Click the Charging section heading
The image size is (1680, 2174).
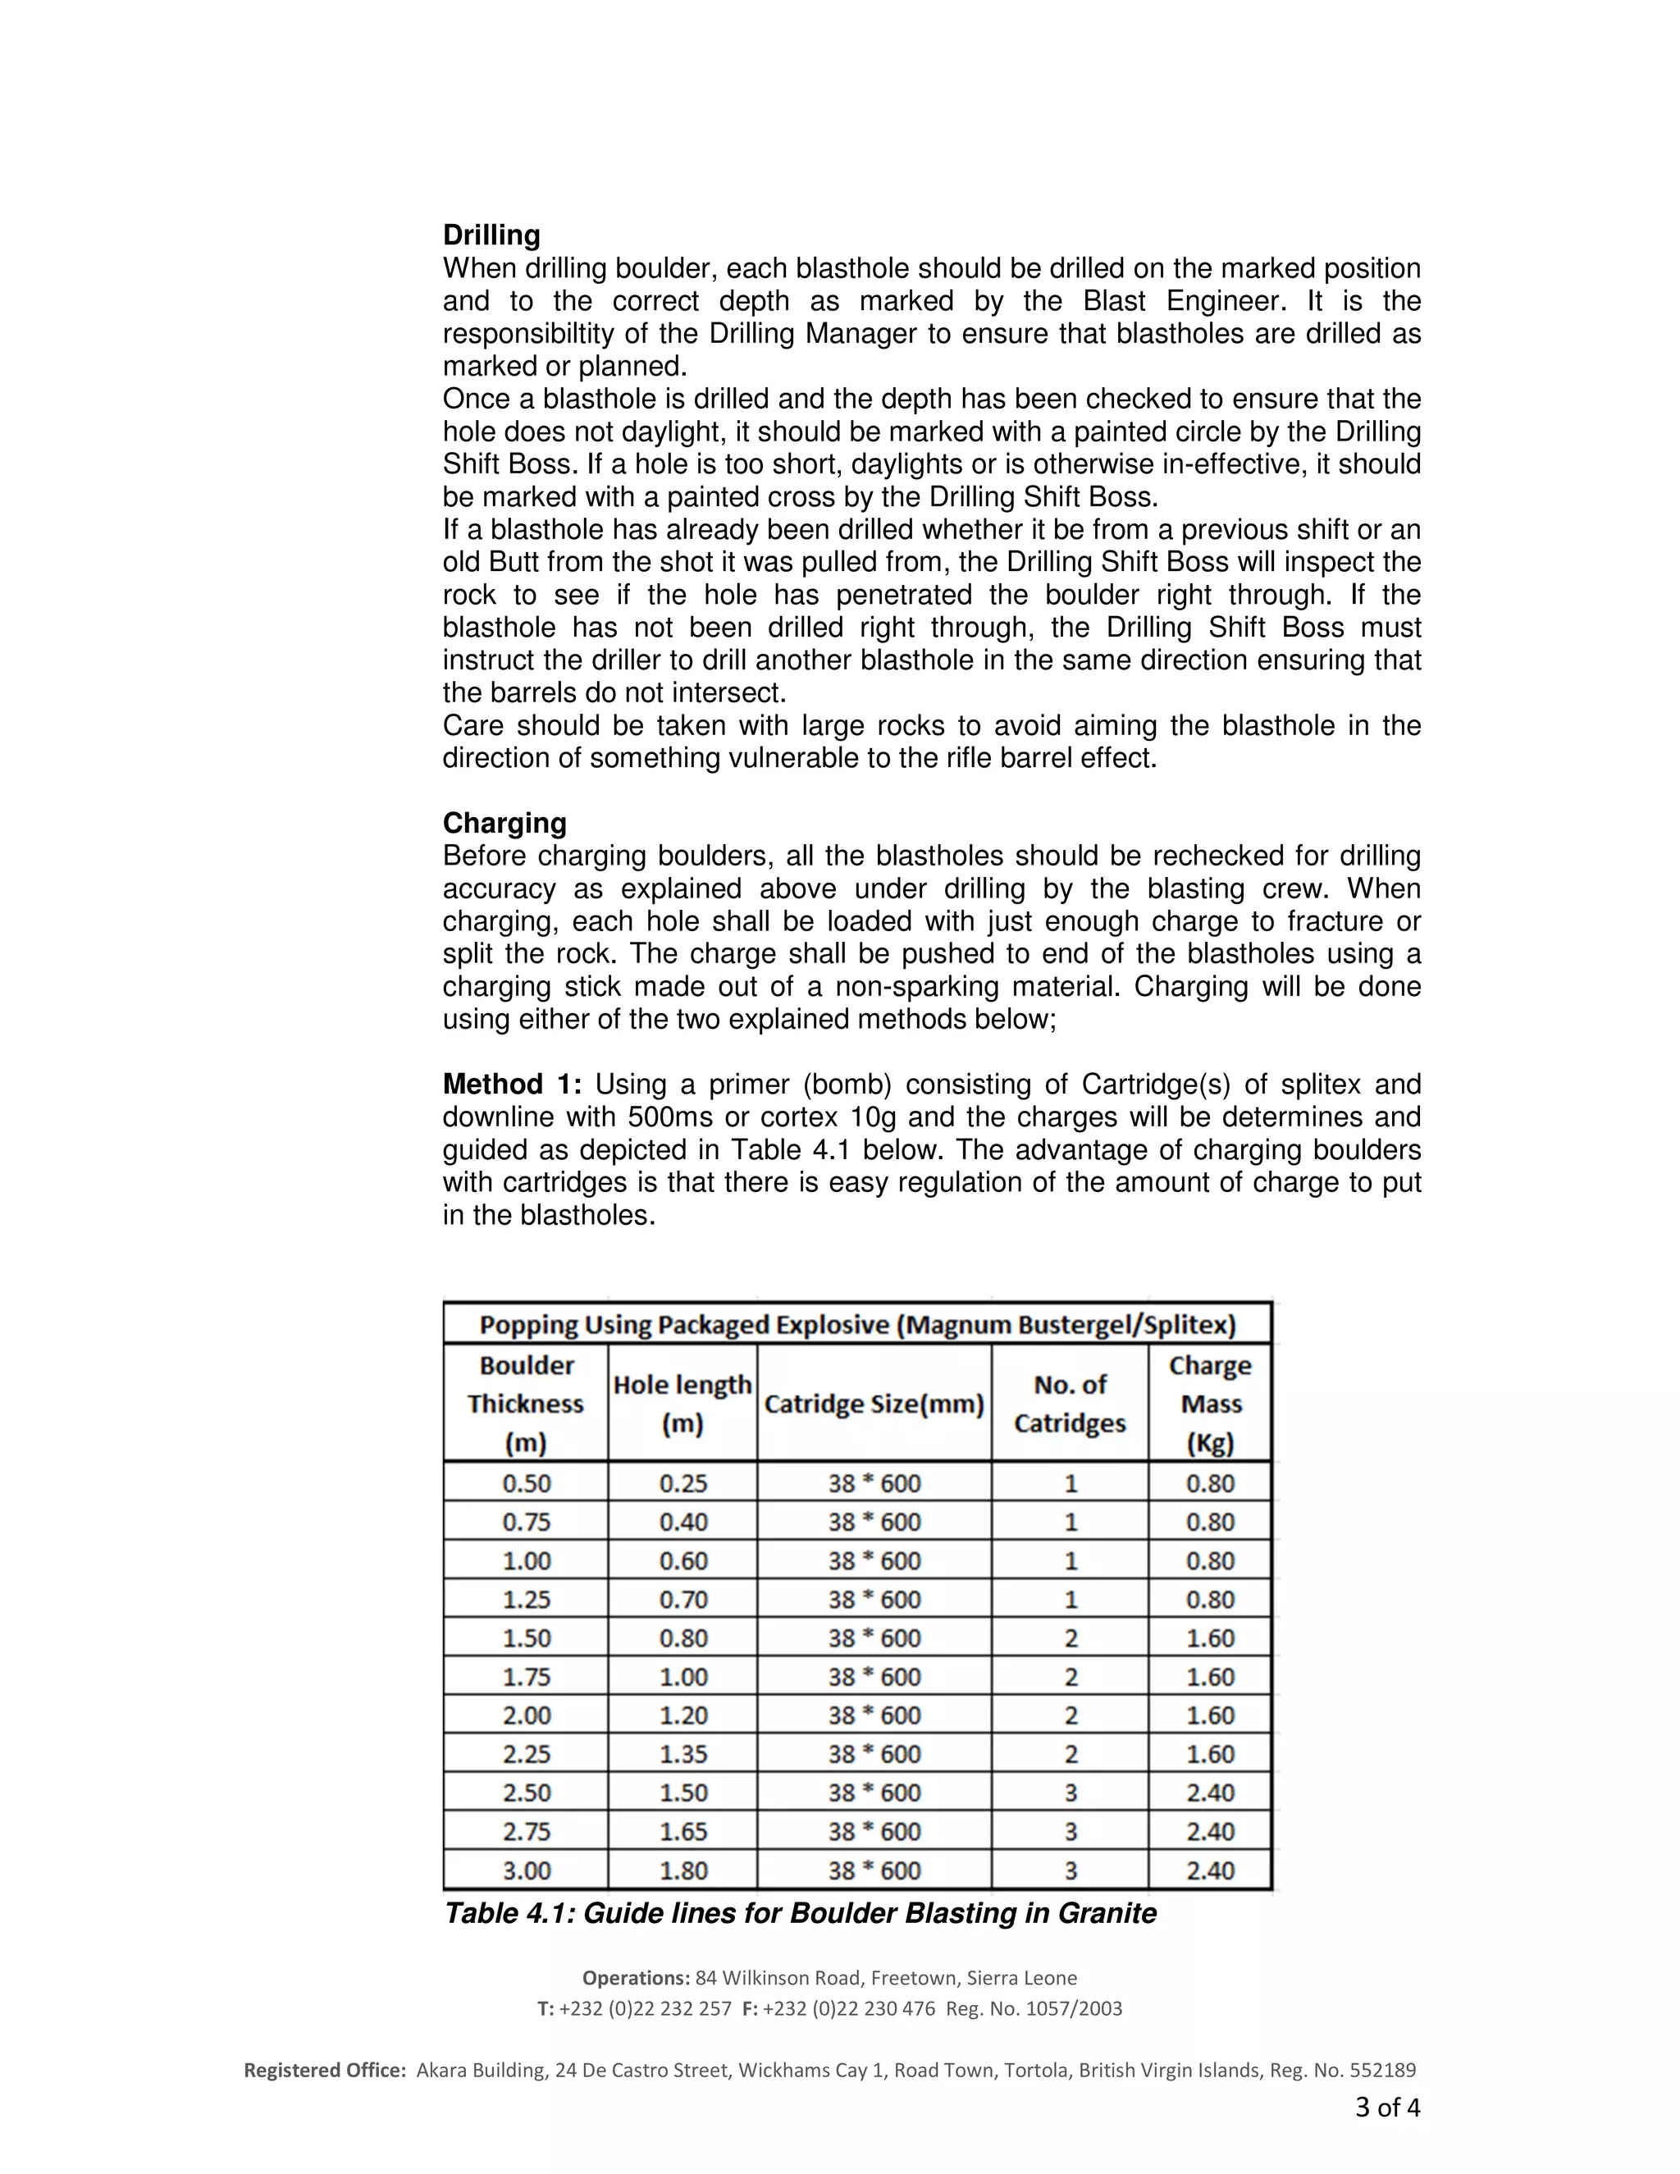(x=504, y=823)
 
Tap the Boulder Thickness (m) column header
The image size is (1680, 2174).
(x=526, y=1404)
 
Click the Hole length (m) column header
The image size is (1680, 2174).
(x=682, y=1404)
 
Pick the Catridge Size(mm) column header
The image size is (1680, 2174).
(x=874, y=1404)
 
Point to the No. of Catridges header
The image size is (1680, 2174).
(x=1070, y=1404)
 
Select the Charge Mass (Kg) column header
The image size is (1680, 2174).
(x=1210, y=1404)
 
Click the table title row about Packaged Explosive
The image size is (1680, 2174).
(x=857, y=1325)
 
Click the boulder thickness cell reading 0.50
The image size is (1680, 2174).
(x=527, y=1483)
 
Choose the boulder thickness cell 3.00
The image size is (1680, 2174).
(x=527, y=1870)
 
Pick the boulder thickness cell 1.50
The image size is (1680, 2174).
(x=527, y=1638)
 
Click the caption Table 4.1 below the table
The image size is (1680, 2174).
(x=799, y=1914)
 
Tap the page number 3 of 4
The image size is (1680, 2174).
(x=1386, y=2108)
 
